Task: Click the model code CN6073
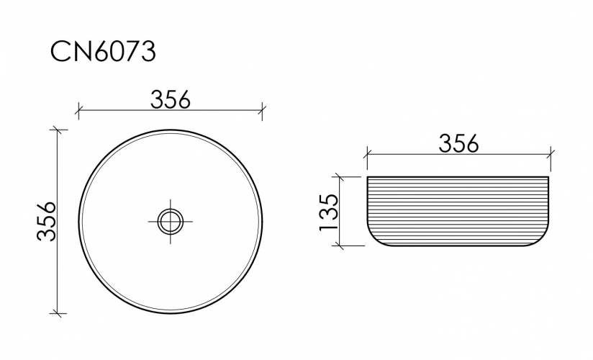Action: coord(103,52)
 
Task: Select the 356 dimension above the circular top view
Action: coord(171,99)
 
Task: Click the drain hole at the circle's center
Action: coord(171,221)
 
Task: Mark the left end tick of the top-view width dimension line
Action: coord(78,111)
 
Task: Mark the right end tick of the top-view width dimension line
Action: coord(263,111)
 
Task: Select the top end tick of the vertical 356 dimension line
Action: coord(58,130)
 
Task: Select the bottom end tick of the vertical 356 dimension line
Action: coord(58,313)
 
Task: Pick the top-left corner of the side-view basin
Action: coord(368,177)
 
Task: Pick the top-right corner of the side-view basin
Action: coord(550,177)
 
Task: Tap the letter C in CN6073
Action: coord(60,52)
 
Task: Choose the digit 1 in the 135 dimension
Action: coord(328,225)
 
